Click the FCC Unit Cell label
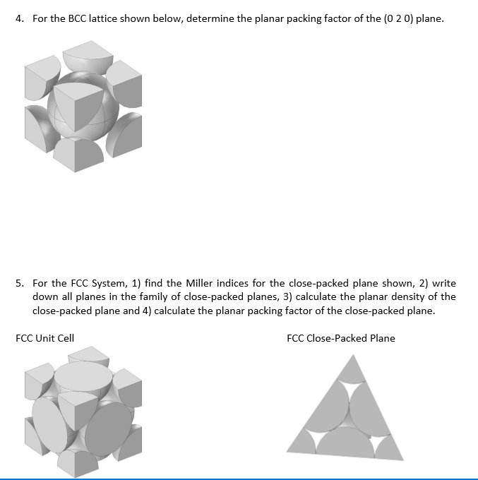point(44,338)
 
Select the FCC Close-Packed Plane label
point(341,338)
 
